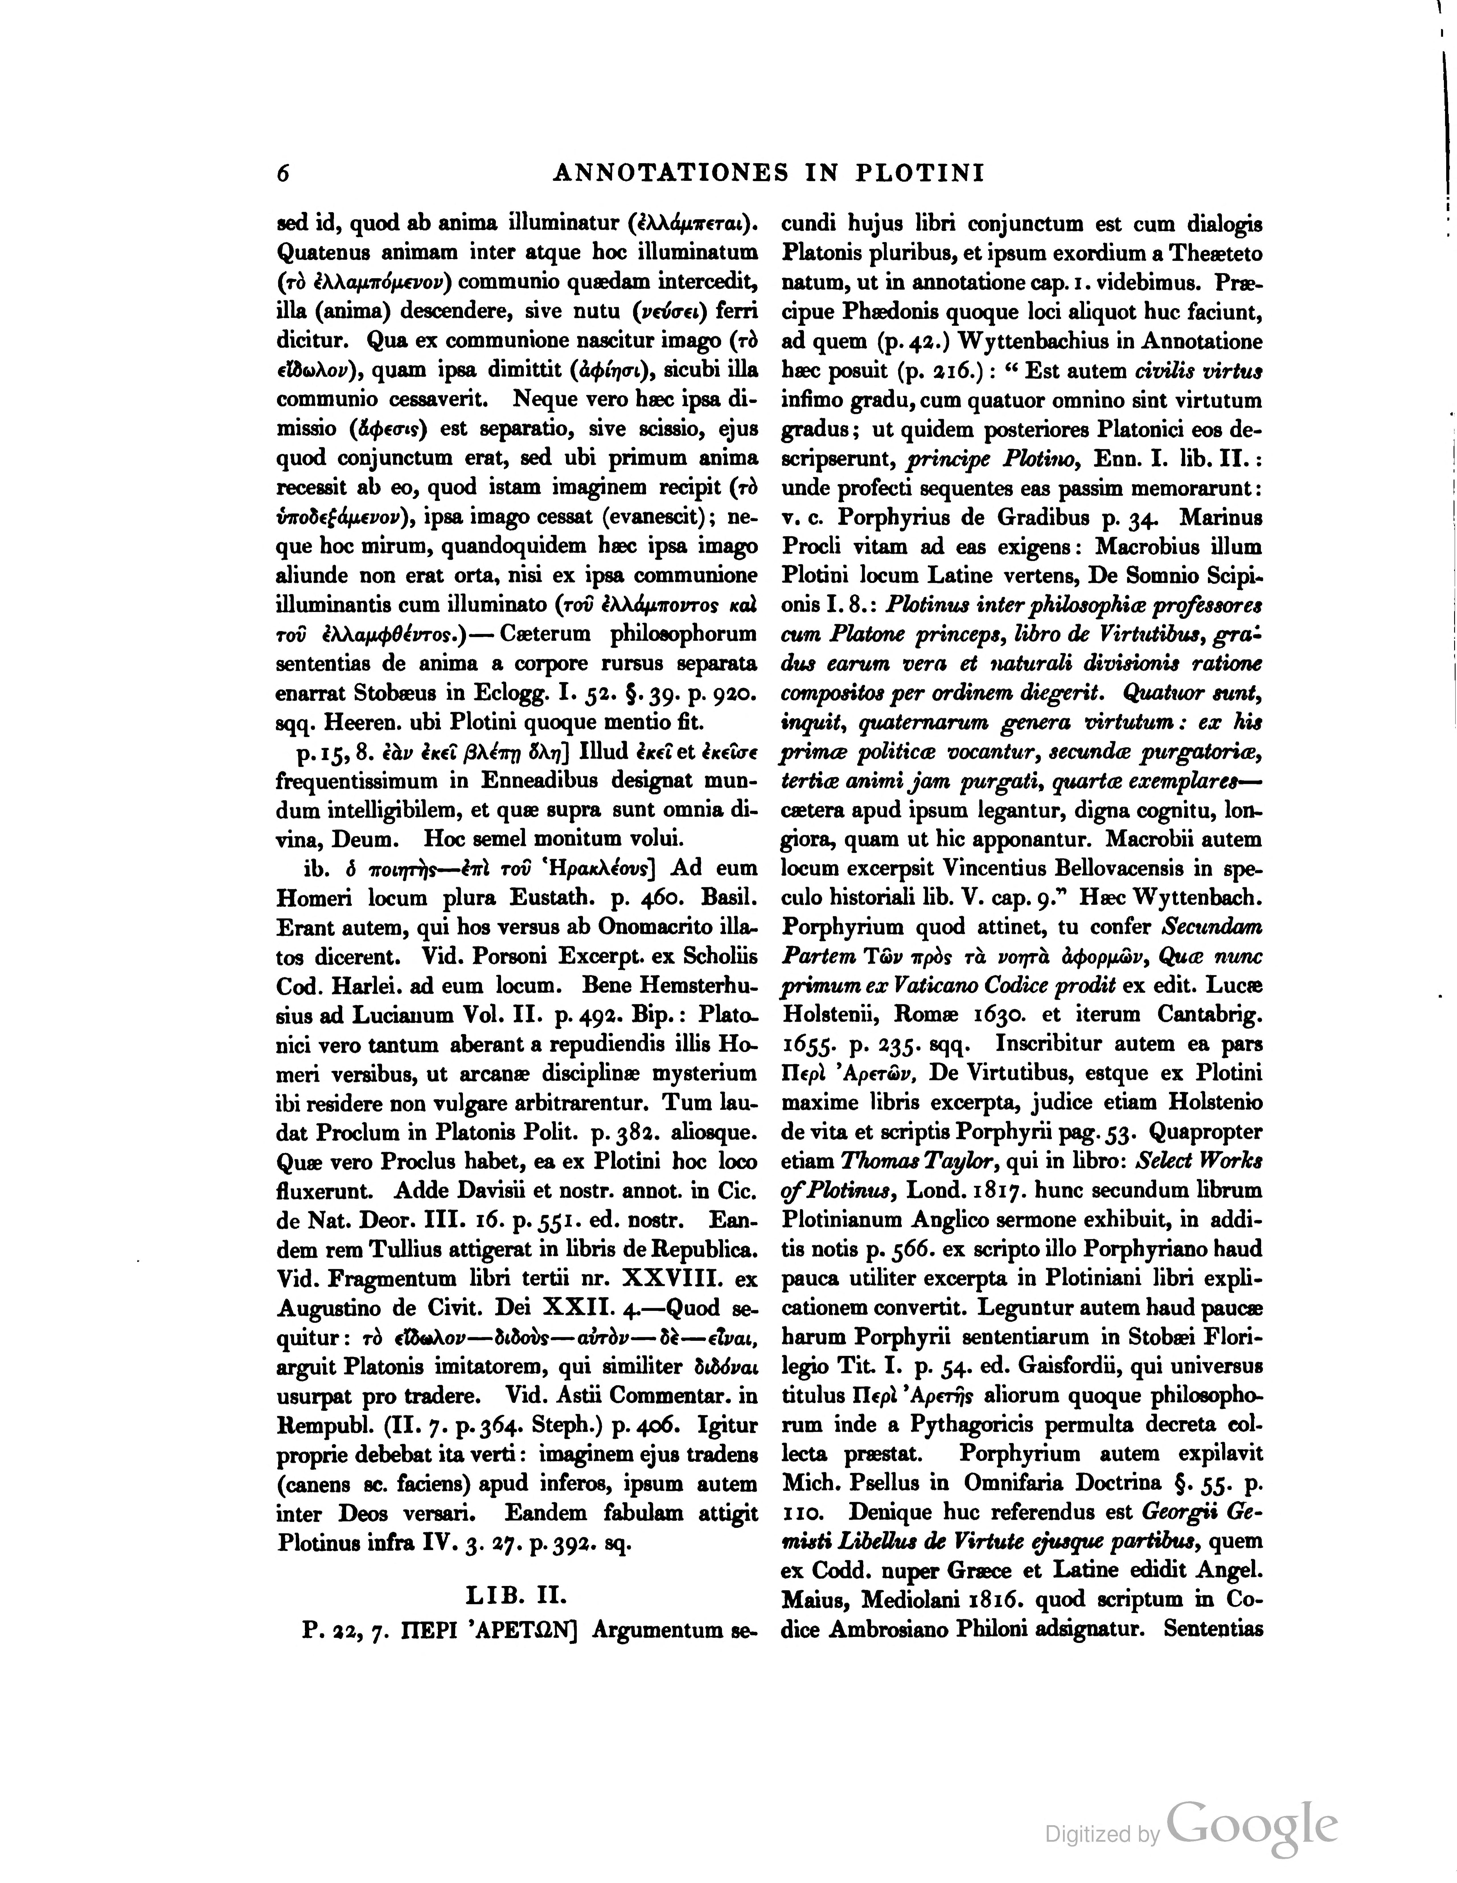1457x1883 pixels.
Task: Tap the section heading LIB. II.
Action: coord(516,1596)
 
